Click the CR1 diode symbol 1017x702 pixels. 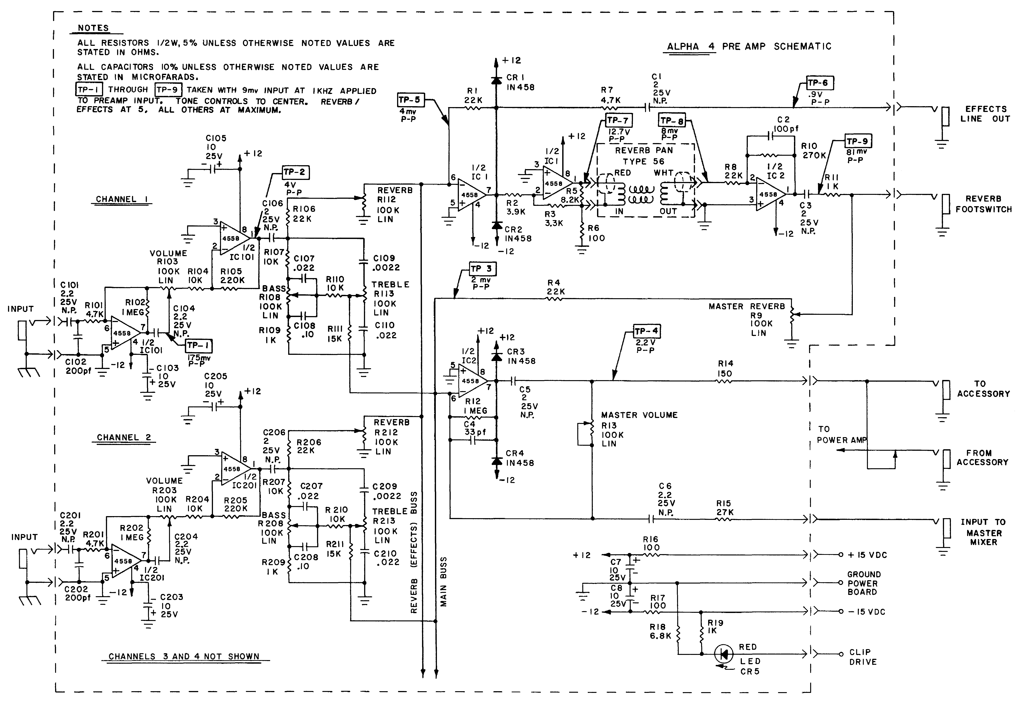(497, 80)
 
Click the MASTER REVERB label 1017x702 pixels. (746, 307)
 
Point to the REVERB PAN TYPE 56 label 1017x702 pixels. (643, 156)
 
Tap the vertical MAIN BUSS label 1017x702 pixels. (443, 581)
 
